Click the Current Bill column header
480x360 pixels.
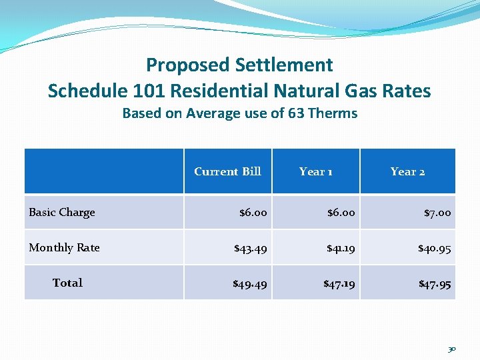tap(227, 171)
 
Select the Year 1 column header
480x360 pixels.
tap(315, 171)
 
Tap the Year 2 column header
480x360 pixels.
tap(407, 171)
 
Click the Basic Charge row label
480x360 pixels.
tap(62, 212)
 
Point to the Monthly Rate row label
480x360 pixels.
tap(64, 247)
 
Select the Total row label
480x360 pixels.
tap(67, 283)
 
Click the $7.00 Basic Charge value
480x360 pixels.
tap(437, 213)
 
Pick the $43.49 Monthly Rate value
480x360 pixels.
tap(251, 248)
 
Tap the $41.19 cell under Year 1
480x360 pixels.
tap(340, 248)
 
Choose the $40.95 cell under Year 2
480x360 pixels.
tap(435, 248)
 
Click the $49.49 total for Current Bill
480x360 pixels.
tap(250, 284)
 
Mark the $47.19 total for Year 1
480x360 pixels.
tap(339, 284)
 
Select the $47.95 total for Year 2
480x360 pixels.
tap(435, 284)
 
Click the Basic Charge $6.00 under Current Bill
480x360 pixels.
tap(253, 213)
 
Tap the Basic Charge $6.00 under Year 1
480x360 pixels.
tap(341, 213)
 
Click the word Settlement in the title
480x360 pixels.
tap(284, 65)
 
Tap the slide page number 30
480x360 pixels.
tap(452, 349)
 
